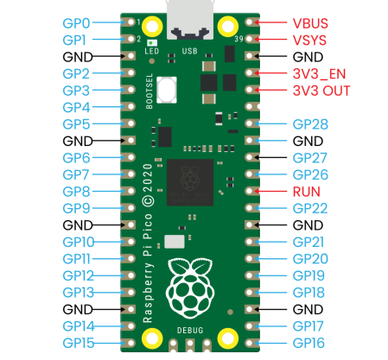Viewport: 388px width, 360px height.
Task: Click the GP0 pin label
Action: tap(76, 23)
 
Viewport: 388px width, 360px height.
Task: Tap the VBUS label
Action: tap(310, 23)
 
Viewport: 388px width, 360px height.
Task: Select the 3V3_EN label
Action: tap(319, 74)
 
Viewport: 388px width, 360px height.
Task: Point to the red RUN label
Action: tap(307, 192)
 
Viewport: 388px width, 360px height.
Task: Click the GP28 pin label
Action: tap(310, 124)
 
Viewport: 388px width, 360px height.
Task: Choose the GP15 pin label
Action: tap(79, 343)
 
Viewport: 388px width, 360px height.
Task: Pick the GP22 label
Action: tap(310, 208)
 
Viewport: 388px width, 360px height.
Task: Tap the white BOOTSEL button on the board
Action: tap(167, 90)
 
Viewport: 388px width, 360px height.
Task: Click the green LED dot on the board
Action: tap(150, 43)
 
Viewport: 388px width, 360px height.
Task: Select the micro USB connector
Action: tap(190, 20)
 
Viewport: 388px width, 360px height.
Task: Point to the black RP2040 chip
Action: tap(190, 182)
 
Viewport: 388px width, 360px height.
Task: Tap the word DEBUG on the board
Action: tap(190, 330)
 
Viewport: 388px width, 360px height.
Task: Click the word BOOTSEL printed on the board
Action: tap(149, 92)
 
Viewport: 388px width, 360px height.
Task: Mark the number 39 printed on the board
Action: tap(239, 39)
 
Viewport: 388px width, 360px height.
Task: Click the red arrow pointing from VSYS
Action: tap(270, 39)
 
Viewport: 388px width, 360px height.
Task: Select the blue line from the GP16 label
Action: tap(270, 343)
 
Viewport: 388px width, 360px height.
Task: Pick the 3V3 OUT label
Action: tap(321, 91)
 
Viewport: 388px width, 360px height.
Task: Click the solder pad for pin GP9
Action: tap(129, 208)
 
